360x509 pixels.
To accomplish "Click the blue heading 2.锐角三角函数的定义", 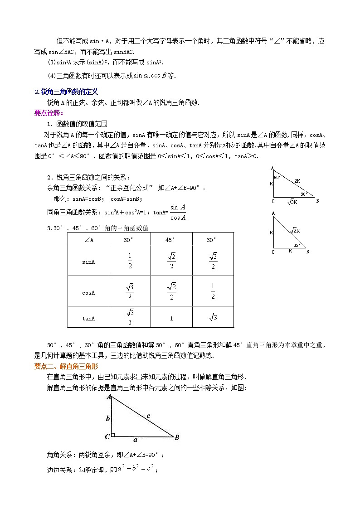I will point(66,92).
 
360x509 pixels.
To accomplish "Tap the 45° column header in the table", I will point(171,240).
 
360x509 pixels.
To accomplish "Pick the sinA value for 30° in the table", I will point(130,262).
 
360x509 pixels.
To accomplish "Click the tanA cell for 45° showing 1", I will point(171,318).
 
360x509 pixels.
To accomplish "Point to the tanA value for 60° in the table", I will point(213,318).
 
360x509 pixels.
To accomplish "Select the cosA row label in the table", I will point(88,292).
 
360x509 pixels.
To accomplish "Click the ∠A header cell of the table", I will point(88,240).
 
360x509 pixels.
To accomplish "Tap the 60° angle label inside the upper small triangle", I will point(277,177).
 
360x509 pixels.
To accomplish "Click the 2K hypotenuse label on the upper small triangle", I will point(297,180).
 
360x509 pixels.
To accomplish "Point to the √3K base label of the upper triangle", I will point(293,202).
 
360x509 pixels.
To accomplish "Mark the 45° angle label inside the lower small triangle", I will point(296,245).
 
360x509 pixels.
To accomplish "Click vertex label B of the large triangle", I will point(177,437).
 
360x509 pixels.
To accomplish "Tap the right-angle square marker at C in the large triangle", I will point(113,435).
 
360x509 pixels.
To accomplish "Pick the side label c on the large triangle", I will point(148,415).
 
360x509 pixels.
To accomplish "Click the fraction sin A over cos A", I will point(177,212).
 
